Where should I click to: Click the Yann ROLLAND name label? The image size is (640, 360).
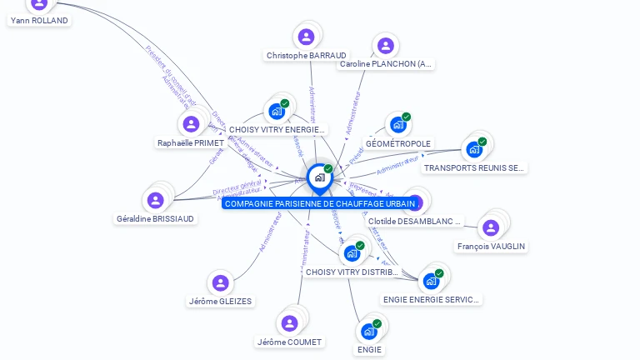coord(39,20)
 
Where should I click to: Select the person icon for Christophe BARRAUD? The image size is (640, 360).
coord(306,37)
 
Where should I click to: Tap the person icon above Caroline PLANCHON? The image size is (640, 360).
coord(384,46)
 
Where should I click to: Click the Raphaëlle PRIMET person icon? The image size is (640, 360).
coord(191,124)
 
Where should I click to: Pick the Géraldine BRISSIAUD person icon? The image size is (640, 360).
coord(155,200)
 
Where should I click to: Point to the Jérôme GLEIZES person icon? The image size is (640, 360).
coord(220,283)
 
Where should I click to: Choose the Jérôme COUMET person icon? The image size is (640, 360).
coord(289,323)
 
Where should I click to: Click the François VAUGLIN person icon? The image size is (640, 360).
coord(491,227)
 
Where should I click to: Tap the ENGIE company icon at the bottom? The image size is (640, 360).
coord(368,332)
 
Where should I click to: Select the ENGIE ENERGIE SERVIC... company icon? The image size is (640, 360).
coord(431,281)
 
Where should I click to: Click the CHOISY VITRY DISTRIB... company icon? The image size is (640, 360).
coord(352,253)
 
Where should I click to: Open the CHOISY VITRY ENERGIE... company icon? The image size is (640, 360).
coord(277,111)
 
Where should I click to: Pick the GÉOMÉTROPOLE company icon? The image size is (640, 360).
coord(398,125)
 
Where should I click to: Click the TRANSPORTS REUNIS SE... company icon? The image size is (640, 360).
coord(474,149)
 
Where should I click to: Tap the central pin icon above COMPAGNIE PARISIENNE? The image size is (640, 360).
coord(319,177)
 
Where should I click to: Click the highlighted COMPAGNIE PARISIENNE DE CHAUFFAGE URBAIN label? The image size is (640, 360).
coord(320,203)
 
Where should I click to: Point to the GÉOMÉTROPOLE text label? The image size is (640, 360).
coord(398,143)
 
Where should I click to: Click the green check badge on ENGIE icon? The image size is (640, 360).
coord(377,323)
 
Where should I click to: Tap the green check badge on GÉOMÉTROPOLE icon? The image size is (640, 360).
coord(407,117)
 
